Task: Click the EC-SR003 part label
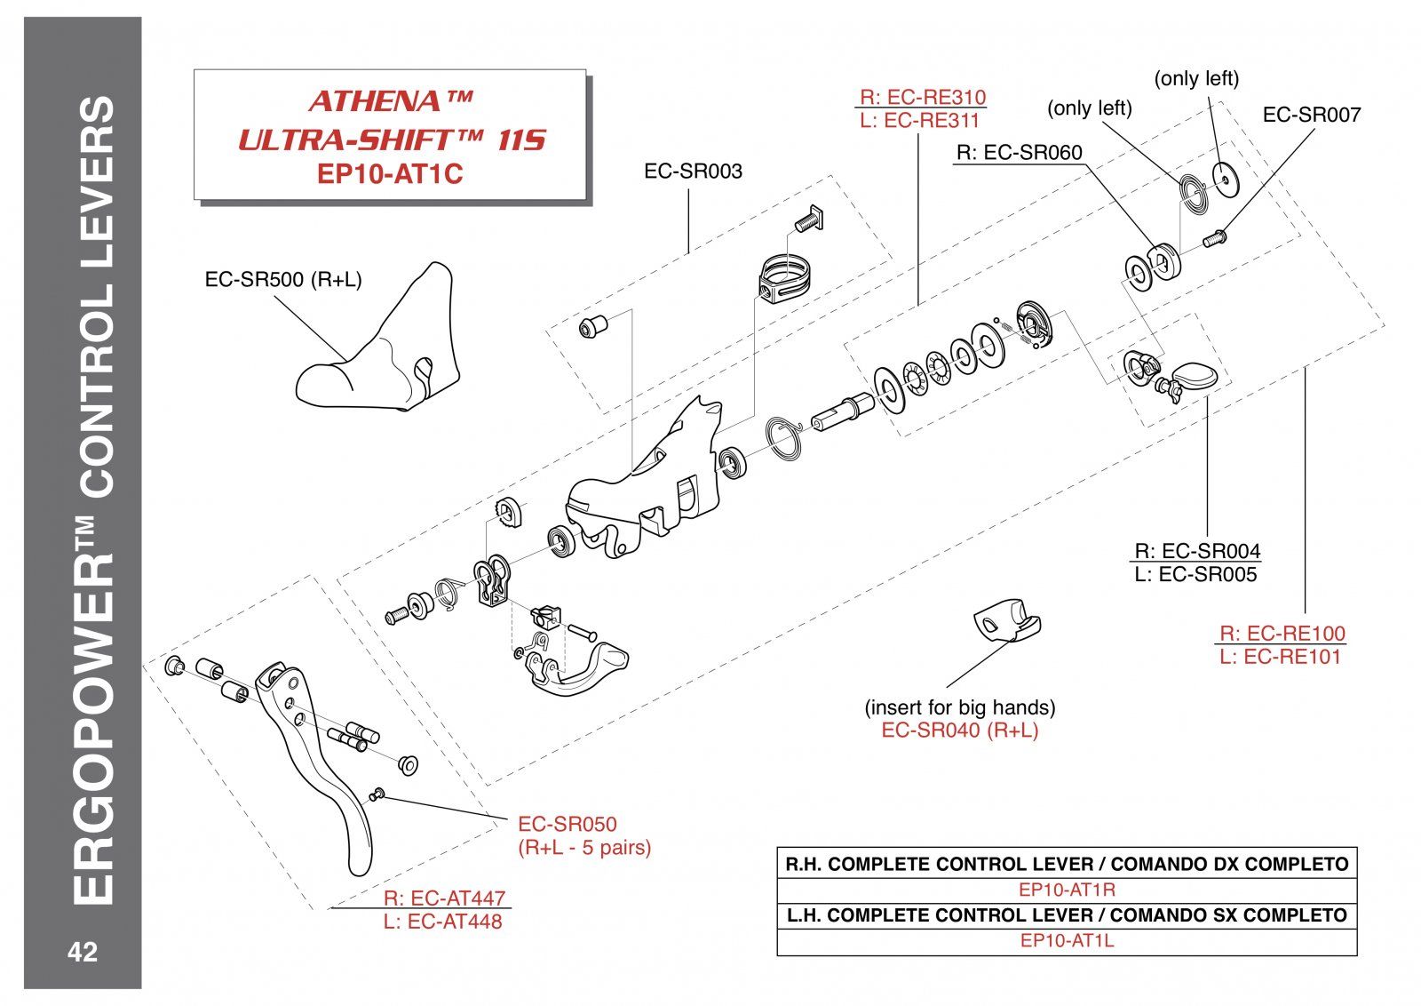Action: coord(693,172)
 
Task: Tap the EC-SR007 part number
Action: coord(1311,115)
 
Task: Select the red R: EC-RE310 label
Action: coord(923,97)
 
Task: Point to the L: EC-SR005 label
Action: coord(1195,575)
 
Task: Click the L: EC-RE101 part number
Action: coord(1280,657)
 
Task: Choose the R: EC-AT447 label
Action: coord(444,898)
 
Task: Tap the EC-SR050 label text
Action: coord(567,824)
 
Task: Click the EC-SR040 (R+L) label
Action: coord(959,731)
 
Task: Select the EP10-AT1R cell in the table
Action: coord(1067,890)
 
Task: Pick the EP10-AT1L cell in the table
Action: coord(1067,941)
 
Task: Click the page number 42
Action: coord(83,953)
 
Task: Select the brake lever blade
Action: coord(320,755)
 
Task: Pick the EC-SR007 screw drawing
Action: coord(1213,238)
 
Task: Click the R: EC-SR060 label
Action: coord(1019,153)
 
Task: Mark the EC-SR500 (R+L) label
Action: coord(283,279)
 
